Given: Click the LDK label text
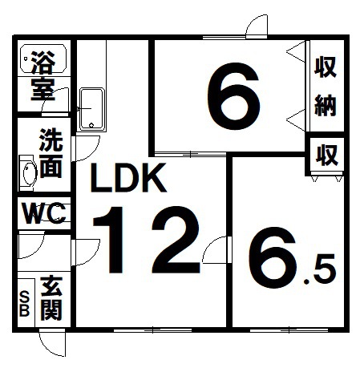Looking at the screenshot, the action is [x=128, y=178].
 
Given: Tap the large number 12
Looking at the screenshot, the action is [x=147, y=240].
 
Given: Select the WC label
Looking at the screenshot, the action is [x=44, y=213].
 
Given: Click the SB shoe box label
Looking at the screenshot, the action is [x=24, y=304].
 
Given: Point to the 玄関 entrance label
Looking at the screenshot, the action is [x=51, y=298].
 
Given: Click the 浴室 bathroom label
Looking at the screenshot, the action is [x=43, y=76].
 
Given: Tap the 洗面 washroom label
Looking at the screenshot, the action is [x=51, y=153].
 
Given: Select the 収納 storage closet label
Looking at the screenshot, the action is [x=325, y=87].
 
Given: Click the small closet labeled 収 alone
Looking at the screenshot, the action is [x=326, y=155].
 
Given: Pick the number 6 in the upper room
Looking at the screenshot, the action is [x=233, y=96].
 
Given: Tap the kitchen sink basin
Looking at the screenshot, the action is [x=91, y=109].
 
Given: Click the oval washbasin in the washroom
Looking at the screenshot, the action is [x=30, y=173].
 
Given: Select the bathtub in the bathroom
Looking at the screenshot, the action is [x=43, y=59].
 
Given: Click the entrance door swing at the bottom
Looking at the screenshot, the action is [x=52, y=344].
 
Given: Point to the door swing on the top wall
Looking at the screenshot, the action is [x=257, y=26].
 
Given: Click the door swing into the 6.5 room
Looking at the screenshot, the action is [x=215, y=250].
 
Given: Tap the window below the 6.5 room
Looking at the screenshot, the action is [x=289, y=330].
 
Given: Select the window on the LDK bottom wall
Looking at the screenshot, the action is [x=152, y=330].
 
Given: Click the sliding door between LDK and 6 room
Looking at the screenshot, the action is [x=190, y=154].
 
